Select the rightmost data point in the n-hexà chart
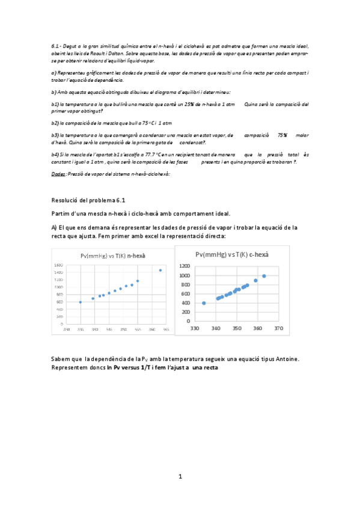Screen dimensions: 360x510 coord(160,270)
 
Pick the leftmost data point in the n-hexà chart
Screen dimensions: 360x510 coord(81,302)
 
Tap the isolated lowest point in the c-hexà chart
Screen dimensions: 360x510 coord(204,303)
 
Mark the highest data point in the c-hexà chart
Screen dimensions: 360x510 coord(264,276)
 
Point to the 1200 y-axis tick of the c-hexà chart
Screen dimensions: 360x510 coord(185,266)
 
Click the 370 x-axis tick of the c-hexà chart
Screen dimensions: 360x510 coord(278,329)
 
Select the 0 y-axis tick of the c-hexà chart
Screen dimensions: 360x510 coord(188,321)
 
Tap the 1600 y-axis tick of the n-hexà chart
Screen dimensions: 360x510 coord(58,265)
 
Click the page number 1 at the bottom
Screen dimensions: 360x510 coord(180,477)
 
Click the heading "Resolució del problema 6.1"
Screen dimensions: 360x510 coord(90,200)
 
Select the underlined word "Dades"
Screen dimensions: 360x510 coord(58,174)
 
